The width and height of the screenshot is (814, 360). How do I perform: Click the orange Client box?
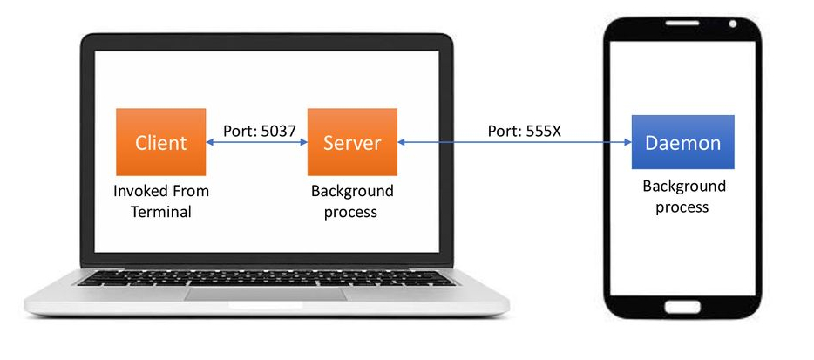(160, 142)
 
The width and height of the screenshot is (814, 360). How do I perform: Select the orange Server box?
(352, 142)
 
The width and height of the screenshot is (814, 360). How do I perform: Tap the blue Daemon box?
(683, 142)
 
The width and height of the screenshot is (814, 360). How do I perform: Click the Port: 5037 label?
(260, 131)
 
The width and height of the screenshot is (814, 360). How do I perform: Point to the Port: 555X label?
(523, 131)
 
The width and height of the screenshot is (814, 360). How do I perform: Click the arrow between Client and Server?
(256, 142)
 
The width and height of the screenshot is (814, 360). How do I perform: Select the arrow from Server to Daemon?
(514, 142)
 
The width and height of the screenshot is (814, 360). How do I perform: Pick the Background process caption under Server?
(352, 201)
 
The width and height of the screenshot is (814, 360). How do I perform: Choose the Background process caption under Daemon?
(683, 196)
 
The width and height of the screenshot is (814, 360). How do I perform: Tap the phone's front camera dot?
(733, 23)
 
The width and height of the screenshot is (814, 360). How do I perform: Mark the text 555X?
(542, 131)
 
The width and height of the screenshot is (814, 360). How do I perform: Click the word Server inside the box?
(352, 142)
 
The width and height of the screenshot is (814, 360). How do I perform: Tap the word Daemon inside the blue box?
(683, 142)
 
